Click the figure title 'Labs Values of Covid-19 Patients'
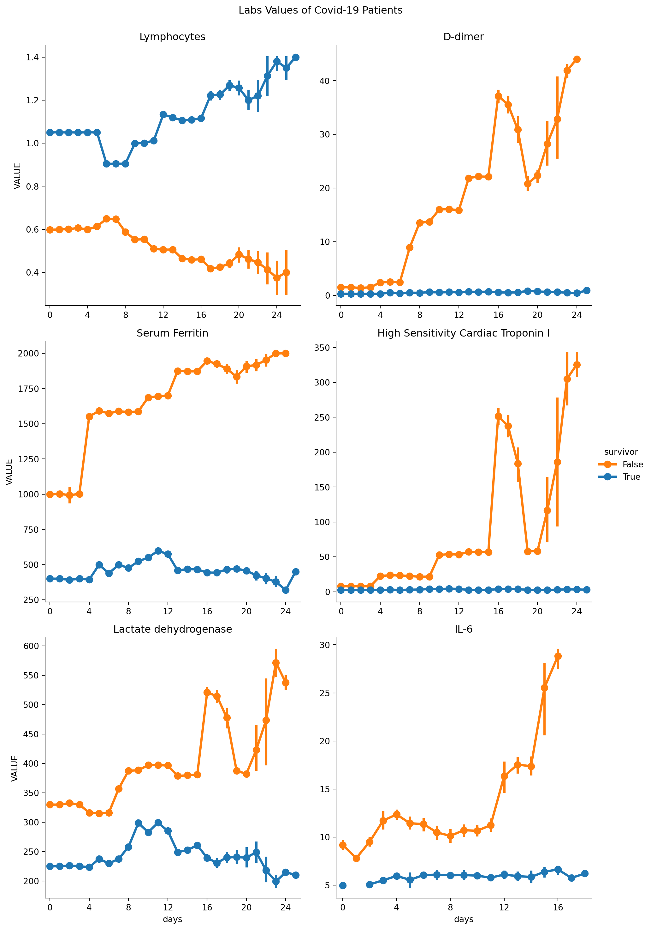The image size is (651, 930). (320, 10)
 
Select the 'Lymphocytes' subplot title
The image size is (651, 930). (172, 37)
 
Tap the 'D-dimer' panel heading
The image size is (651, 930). (463, 37)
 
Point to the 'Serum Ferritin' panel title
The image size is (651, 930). (172, 333)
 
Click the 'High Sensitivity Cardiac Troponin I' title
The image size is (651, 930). (463, 333)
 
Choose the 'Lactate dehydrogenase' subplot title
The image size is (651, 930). (172, 629)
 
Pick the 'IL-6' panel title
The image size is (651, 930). (463, 629)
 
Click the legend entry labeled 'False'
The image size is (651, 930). (632, 465)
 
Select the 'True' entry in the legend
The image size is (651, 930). (631, 477)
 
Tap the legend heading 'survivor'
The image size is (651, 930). (621, 452)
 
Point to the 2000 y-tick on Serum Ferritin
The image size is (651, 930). (28, 354)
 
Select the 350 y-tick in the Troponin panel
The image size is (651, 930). (322, 348)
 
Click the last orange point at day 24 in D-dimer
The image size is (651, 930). (577, 59)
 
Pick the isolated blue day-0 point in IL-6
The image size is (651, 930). (343, 885)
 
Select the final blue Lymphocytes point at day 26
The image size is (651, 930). (296, 58)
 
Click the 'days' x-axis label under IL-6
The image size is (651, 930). (463, 920)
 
